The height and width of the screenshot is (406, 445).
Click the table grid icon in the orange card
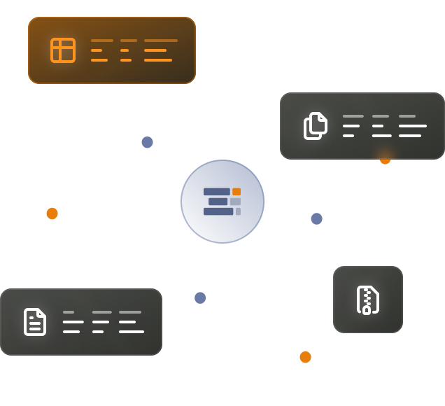(63, 50)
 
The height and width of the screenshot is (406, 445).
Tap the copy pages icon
(316, 126)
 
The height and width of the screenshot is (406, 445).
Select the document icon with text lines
(35, 322)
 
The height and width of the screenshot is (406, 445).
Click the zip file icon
(367, 300)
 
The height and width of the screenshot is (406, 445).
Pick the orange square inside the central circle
(236, 192)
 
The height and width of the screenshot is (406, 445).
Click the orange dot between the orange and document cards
(52, 213)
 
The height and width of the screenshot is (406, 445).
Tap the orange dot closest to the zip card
(305, 357)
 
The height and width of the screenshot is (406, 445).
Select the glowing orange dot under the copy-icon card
(385, 159)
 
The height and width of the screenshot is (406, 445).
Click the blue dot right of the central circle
(316, 218)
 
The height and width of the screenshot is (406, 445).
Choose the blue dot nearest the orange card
(147, 142)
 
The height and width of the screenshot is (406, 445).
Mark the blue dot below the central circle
(200, 297)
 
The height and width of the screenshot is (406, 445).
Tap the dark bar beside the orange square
(216, 192)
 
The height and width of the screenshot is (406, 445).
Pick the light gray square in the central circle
(235, 202)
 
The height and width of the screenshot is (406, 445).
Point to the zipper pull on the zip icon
(366, 310)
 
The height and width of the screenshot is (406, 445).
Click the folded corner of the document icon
(42, 313)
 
